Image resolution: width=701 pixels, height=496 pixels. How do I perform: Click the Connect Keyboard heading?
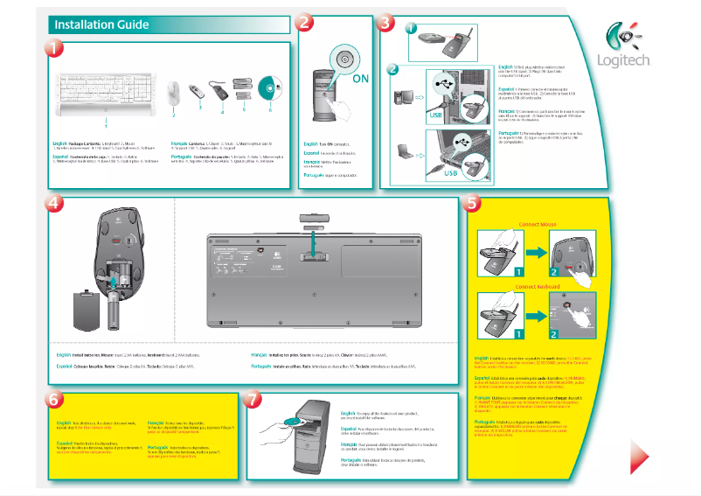[538, 286]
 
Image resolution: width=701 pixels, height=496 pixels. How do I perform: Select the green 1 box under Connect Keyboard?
[517, 333]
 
